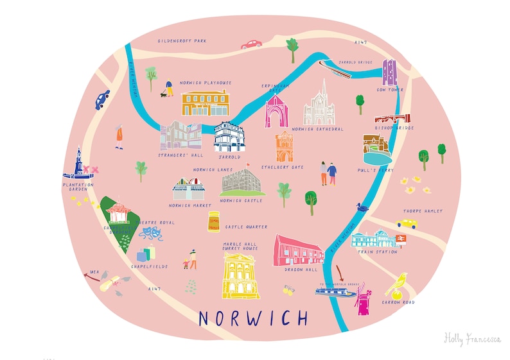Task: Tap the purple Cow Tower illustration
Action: click(x=389, y=73)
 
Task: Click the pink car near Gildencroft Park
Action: click(x=251, y=44)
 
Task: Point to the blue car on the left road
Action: click(x=102, y=100)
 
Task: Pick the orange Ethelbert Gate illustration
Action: click(x=285, y=146)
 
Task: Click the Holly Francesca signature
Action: click(x=471, y=338)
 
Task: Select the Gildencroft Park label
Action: click(x=183, y=41)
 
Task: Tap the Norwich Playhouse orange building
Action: click(x=204, y=103)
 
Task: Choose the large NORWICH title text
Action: click(x=253, y=318)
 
